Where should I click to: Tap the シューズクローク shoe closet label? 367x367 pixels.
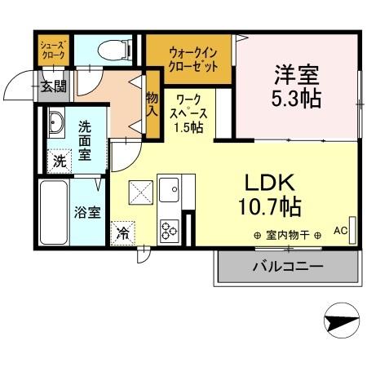(54, 51)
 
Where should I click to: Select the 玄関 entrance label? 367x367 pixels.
(55, 87)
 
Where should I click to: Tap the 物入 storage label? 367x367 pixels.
(152, 104)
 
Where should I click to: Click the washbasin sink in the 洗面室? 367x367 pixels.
(56, 126)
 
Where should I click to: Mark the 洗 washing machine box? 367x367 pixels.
(59, 160)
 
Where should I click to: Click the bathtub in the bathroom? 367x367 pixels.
(53, 213)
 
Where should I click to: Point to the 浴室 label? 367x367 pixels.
(88, 213)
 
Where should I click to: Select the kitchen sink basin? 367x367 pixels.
(171, 192)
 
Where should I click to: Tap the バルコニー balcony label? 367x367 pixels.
(285, 267)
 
